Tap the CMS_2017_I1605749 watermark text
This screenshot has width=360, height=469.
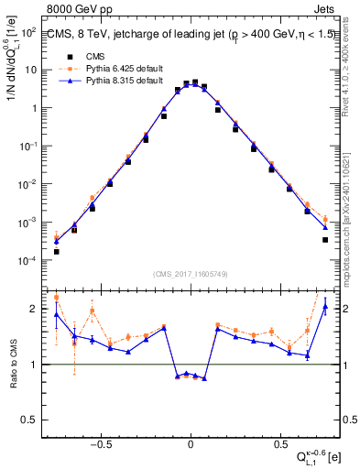pyautogui.click(x=190, y=274)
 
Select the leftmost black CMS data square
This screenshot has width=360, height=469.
pyautogui.click(x=57, y=251)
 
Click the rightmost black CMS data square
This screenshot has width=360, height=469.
pyautogui.click(x=325, y=240)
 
